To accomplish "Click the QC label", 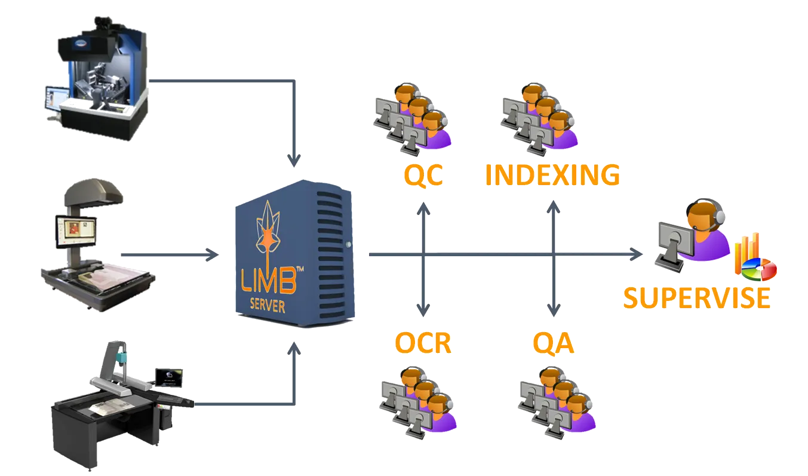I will [x=423, y=176].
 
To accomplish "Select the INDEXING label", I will [x=552, y=175].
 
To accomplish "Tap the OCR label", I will [x=422, y=343].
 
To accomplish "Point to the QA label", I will [x=552, y=343].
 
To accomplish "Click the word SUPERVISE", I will [x=696, y=297].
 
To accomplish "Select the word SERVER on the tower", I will [x=267, y=308].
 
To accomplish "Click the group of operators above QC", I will [x=412, y=116].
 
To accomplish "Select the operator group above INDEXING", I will [x=537, y=116].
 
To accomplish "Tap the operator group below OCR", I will [x=418, y=400].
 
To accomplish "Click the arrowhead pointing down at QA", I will [x=554, y=309].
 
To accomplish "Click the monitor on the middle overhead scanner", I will [x=75, y=231].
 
